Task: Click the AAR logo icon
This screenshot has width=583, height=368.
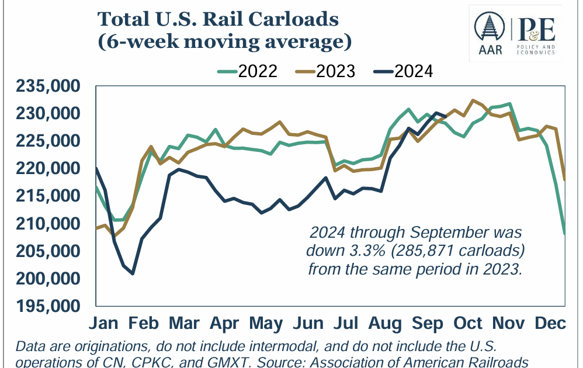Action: coord(489,33)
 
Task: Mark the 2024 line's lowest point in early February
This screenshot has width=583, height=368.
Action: coord(133,273)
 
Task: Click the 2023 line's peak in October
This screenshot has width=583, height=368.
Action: coord(473,100)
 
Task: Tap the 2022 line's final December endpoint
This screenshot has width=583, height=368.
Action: coord(564,234)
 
